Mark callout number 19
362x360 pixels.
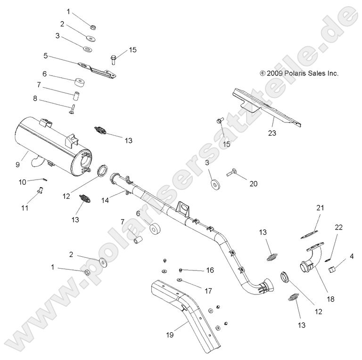click(x=170, y=335)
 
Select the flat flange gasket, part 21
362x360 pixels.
click(x=308, y=231)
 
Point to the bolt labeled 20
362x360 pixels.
click(x=231, y=173)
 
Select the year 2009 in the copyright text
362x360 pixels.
click(x=274, y=73)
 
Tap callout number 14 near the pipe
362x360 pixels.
click(x=105, y=200)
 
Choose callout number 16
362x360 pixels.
click(x=210, y=270)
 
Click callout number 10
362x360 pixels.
click(x=22, y=182)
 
